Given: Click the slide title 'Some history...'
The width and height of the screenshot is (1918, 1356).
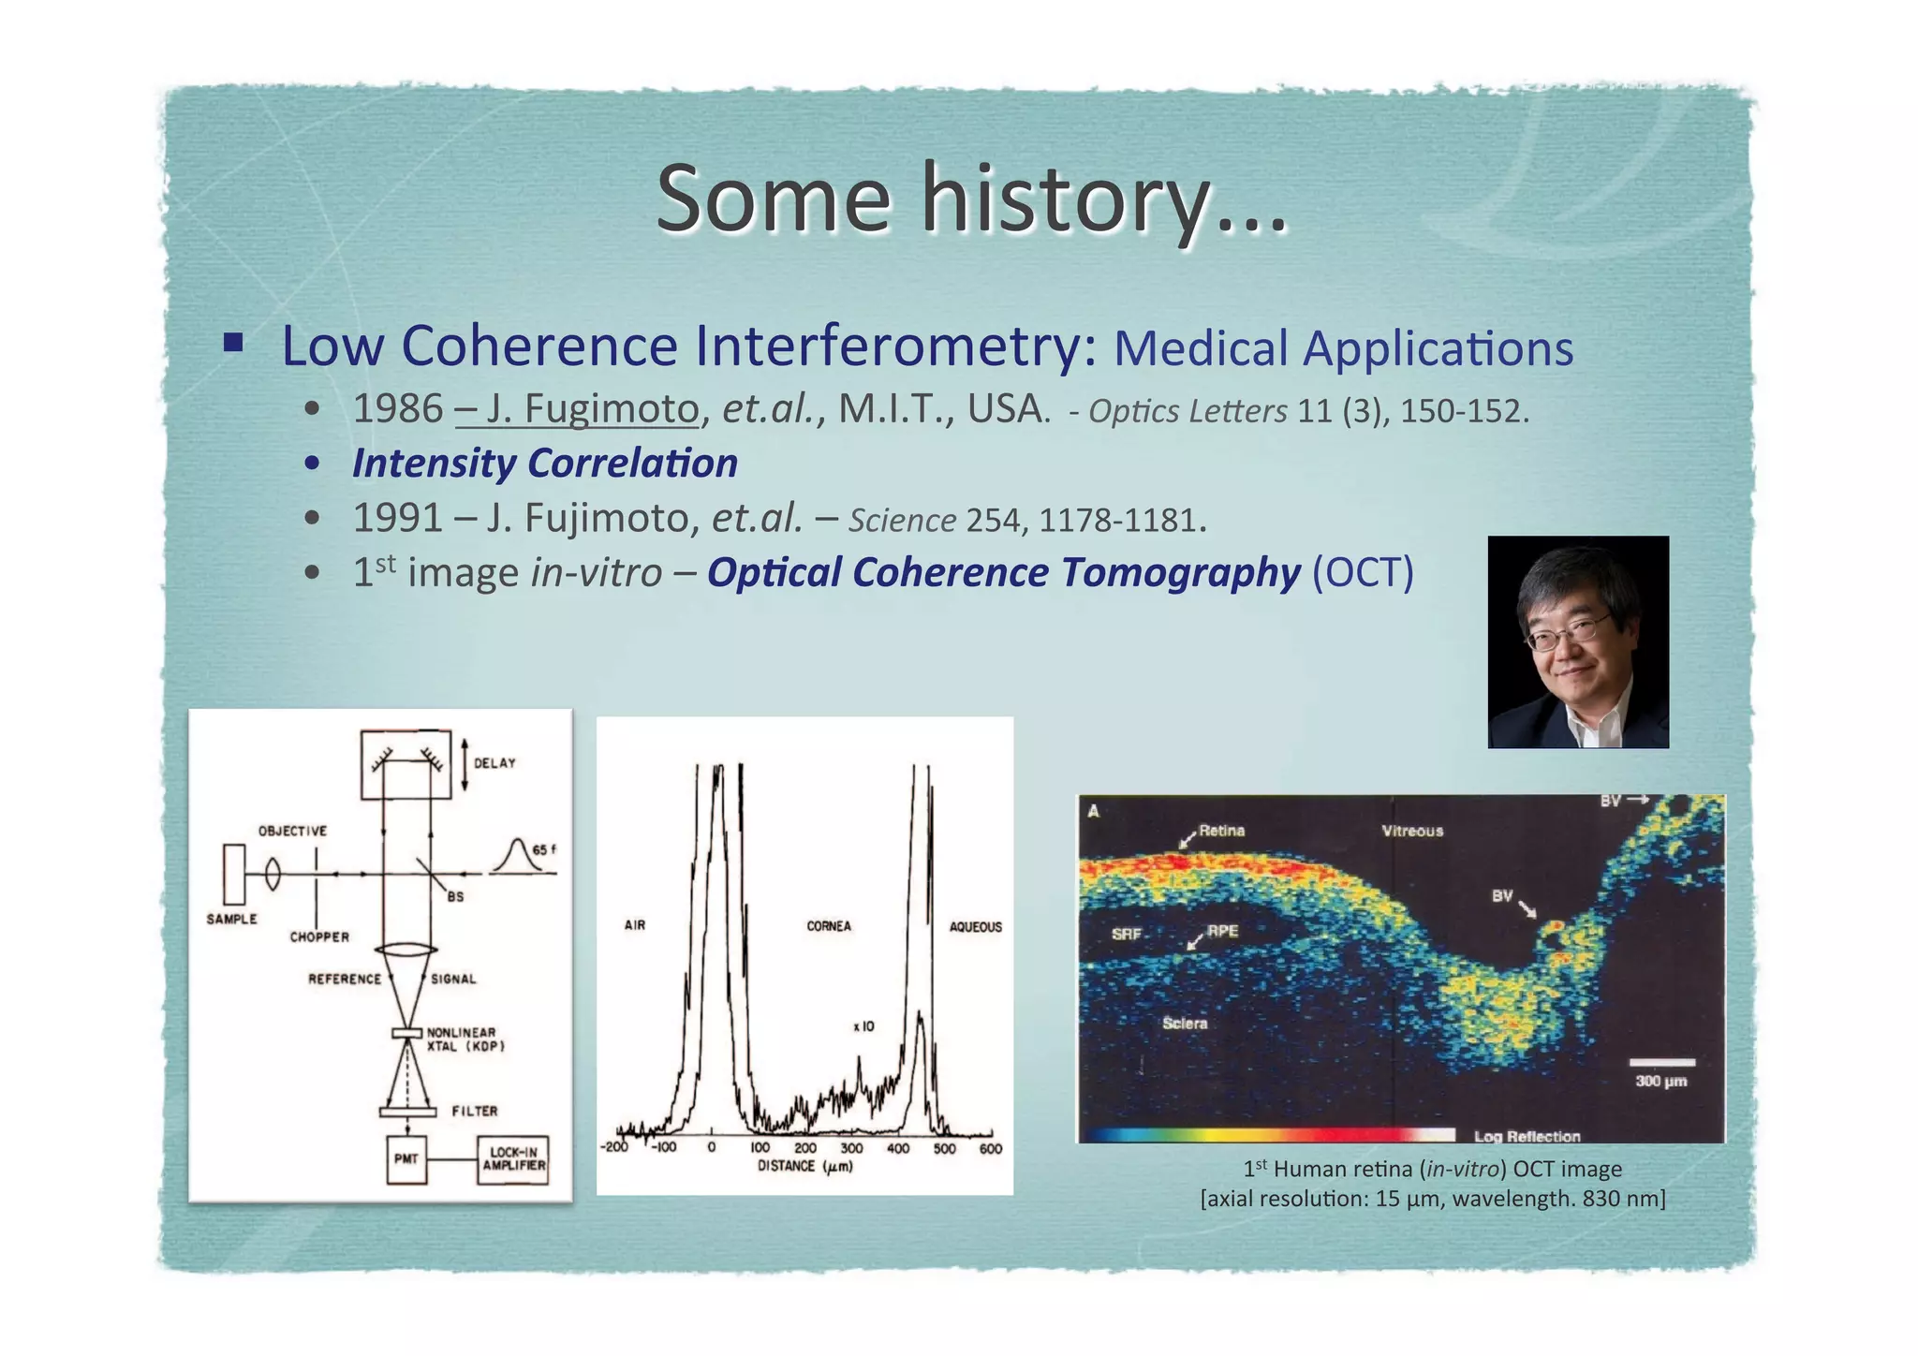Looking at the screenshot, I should [971, 199].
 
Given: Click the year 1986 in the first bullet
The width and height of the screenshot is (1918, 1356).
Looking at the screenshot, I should [397, 409].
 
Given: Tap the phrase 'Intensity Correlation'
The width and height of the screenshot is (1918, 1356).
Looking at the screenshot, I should [544, 464].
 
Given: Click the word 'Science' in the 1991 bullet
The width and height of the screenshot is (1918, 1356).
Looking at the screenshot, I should [902, 521].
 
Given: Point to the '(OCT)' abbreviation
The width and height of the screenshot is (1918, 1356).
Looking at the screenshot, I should [1362, 573].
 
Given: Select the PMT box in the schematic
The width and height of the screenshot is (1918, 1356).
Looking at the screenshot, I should [406, 1159].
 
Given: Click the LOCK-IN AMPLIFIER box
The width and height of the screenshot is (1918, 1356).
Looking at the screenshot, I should [513, 1159].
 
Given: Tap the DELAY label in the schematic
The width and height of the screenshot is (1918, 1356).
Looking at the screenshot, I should [494, 763].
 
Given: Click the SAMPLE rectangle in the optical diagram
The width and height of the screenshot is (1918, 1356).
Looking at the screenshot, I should [234, 874].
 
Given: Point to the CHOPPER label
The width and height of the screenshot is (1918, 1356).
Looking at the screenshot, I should [319, 936].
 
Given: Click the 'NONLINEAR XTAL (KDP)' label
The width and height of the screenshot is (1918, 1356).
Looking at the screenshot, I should [465, 1039].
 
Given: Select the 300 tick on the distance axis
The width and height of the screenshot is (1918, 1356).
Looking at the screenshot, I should [851, 1148].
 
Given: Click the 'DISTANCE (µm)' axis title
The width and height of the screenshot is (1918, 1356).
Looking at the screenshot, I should [804, 1167].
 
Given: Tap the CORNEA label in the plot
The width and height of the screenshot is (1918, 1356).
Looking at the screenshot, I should [829, 926].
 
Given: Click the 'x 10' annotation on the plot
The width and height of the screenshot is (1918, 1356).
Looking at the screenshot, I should [863, 1026].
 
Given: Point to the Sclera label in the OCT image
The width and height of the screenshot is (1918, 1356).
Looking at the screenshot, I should [1185, 1024].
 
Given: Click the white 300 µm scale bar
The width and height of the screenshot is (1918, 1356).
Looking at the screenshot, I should [1661, 1063].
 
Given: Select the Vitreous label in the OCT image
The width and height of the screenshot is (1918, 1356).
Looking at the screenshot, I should [1412, 831].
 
